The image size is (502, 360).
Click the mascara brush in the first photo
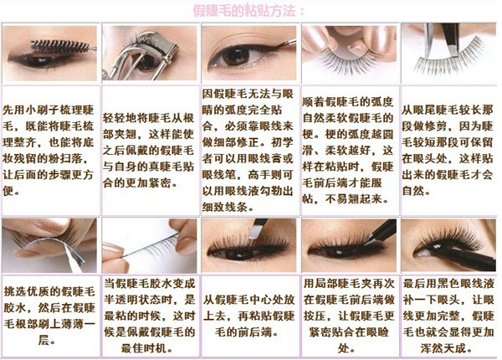[x=59, y=43]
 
